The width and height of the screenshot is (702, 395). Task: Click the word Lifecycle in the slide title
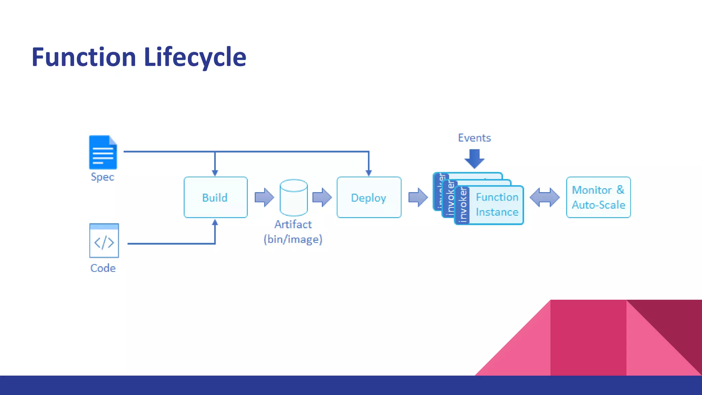click(195, 57)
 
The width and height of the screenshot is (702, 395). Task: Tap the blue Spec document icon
click(103, 152)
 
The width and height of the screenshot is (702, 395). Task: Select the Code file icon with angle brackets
click(104, 241)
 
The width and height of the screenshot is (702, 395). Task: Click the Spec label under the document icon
click(102, 177)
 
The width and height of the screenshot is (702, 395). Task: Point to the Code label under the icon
click(103, 268)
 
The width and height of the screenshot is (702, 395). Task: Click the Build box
click(215, 197)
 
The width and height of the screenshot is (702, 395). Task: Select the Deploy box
click(369, 197)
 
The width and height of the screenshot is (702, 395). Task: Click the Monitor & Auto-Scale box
click(598, 197)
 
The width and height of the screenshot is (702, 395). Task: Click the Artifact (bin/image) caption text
click(293, 232)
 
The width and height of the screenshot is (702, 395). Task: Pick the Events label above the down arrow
click(474, 138)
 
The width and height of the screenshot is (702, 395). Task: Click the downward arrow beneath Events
click(474, 158)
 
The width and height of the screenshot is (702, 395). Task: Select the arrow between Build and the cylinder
click(264, 197)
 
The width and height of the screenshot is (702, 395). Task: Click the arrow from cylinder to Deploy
click(322, 197)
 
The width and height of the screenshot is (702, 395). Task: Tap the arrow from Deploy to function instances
click(418, 197)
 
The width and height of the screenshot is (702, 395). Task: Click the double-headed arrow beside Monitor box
click(544, 197)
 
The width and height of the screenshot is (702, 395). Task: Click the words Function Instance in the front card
click(497, 205)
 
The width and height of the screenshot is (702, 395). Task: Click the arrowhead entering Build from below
click(215, 223)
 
